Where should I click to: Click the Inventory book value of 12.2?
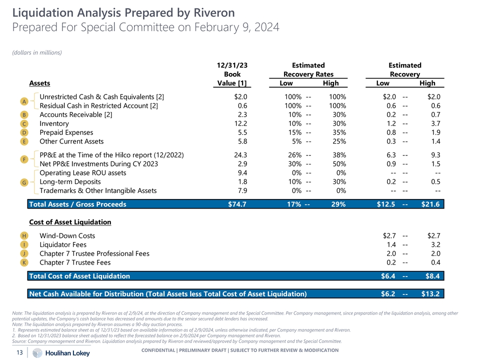point(240,123)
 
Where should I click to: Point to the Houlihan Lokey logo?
point(61,352)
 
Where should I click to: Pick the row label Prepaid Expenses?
point(66,132)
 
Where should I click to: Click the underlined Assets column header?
point(39,83)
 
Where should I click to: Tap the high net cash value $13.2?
point(430,293)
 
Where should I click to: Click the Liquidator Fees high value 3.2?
point(434,244)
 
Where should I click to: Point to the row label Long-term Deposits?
point(70,181)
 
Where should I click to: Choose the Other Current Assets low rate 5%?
point(293,141)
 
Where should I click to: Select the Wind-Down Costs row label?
point(67,235)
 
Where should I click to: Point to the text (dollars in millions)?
point(36,52)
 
